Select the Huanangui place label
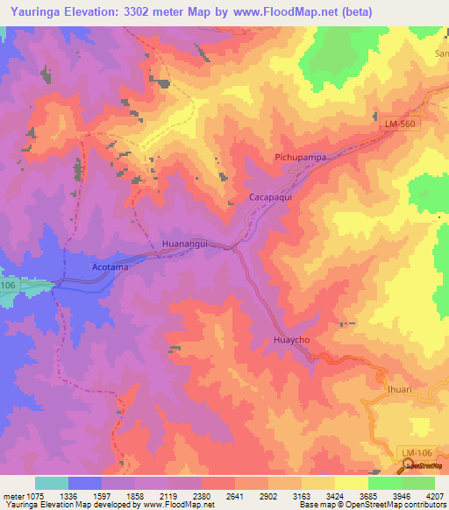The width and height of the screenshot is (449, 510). (185, 244)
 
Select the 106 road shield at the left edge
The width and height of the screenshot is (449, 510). (8, 286)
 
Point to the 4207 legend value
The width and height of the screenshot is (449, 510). (434, 495)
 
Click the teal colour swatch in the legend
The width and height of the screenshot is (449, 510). (51, 483)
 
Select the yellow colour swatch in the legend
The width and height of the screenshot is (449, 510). (351, 483)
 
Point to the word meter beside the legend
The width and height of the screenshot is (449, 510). (14, 495)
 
